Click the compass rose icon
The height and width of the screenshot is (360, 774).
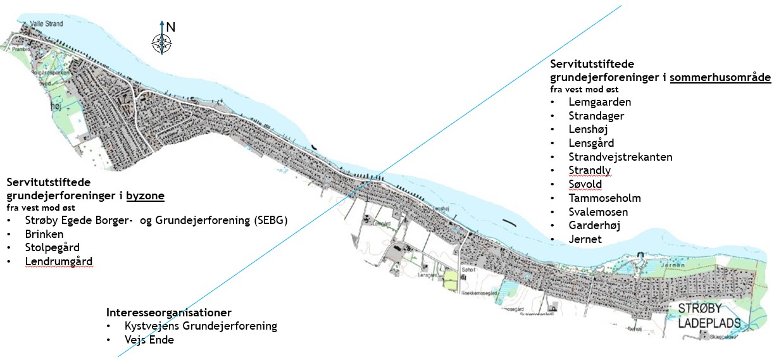coord(162,42)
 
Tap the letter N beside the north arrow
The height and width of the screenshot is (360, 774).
coord(170,27)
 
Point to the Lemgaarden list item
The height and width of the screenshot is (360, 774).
coord(599,102)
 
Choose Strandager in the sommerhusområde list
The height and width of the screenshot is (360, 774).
coord(596,116)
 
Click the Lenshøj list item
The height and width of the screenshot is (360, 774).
coord(588,129)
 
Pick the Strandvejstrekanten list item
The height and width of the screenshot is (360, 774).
coord(620,157)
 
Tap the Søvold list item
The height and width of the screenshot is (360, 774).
coord(585,184)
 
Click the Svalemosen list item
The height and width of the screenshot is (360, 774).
coord(598,212)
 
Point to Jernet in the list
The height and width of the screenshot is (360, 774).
coord(585,239)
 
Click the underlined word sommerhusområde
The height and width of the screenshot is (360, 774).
coord(721,78)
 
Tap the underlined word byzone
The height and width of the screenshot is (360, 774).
coord(145,196)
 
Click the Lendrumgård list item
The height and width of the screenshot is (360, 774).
coord(59,261)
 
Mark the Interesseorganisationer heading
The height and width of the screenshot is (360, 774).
coord(169,313)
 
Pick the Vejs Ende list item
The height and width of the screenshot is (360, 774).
coord(149,340)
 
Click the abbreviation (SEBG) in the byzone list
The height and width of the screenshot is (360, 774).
coord(268,220)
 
